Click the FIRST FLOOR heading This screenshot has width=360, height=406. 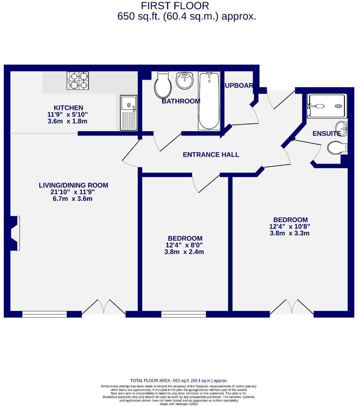pyautogui.click(x=175, y=6)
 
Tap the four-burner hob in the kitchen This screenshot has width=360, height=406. pyautogui.click(x=78, y=81)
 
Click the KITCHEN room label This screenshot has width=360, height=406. pyautogui.click(x=68, y=108)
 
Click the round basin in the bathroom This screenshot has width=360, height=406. pyautogui.click(x=185, y=80)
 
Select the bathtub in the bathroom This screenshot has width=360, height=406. pyautogui.click(x=209, y=101)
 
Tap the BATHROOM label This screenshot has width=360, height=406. pyautogui.click(x=181, y=101)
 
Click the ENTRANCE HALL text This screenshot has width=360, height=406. pyautogui.click(x=211, y=154)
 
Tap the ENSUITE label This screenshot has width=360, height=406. pyautogui.click(x=326, y=133)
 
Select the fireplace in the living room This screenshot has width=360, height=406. pyautogui.click(x=14, y=233)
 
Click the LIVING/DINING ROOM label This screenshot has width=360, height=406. pyautogui.click(x=74, y=185)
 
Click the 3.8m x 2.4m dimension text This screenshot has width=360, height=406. pyautogui.click(x=181, y=252)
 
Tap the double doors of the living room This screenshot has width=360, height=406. pyautogui.click(x=104, y=308)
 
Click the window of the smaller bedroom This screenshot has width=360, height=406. pyautogui.click(x=183, y=315)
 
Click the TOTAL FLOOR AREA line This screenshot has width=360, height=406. pyautogui.click(x=179, y=380)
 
